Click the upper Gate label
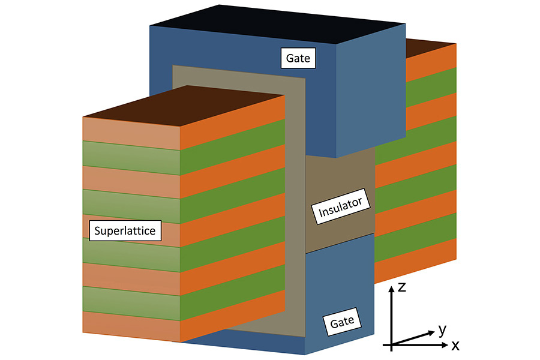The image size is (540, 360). (x=298, y=58)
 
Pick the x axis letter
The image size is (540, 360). (x=455, y=346)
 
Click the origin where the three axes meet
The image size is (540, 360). (x=391, y=346)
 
